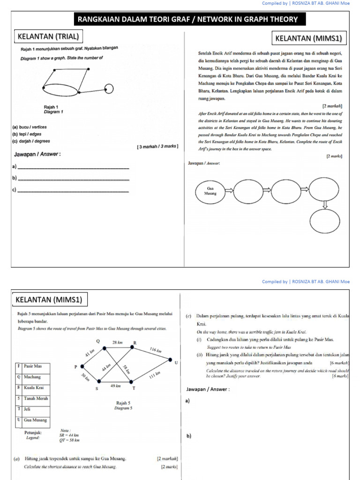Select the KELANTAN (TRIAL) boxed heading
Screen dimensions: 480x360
pyautogui.click(x=48, y=36)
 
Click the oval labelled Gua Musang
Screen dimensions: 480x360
pyautogui.click(x=210, y=190)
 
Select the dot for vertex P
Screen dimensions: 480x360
pyautogui.click(x=82, y=367)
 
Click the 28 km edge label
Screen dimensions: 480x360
pyautogui.click(x=117, y=343)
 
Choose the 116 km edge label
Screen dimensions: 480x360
pyautogui.click(x=156, y=350)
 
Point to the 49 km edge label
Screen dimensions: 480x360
pyautogui.click(x=115, y=386)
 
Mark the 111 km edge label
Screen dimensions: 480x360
pyautogui.click(x=155, y=376)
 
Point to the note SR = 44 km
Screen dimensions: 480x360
pyautogui.click(x=68, y=435)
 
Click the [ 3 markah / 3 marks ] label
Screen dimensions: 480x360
pyautogui.click(x=157, y=146)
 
